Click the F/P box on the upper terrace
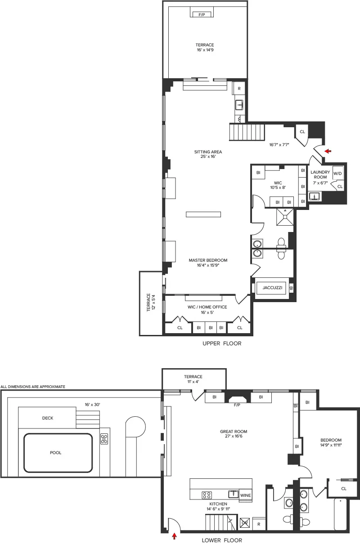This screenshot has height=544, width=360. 199,14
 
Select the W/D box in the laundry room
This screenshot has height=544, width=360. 337,174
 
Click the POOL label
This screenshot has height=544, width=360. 56,453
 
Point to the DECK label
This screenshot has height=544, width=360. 48,418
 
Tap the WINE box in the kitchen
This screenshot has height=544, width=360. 246,495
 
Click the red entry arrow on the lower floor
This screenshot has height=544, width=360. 174,536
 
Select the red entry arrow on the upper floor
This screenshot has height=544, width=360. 328,152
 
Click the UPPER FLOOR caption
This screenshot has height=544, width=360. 222,343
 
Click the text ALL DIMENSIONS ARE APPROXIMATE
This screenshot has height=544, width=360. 33,387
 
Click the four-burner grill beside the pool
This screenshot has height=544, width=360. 104,439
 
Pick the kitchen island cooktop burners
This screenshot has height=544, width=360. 207,495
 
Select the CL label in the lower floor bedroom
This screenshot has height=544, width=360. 344,488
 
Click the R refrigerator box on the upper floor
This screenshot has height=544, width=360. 239,89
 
